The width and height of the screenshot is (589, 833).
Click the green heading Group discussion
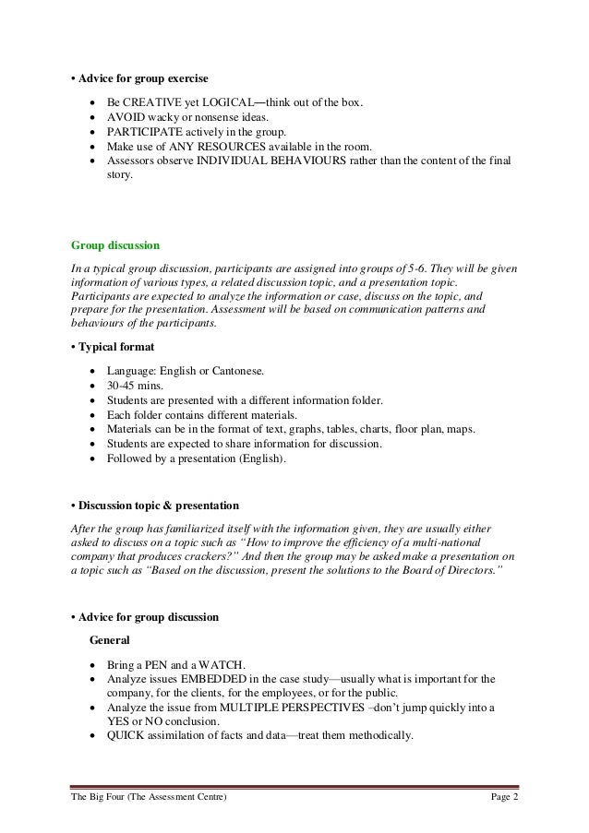pyautogui.click(x=115, y=246)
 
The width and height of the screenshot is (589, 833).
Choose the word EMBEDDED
pyautogui.click(x=210, y=678)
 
